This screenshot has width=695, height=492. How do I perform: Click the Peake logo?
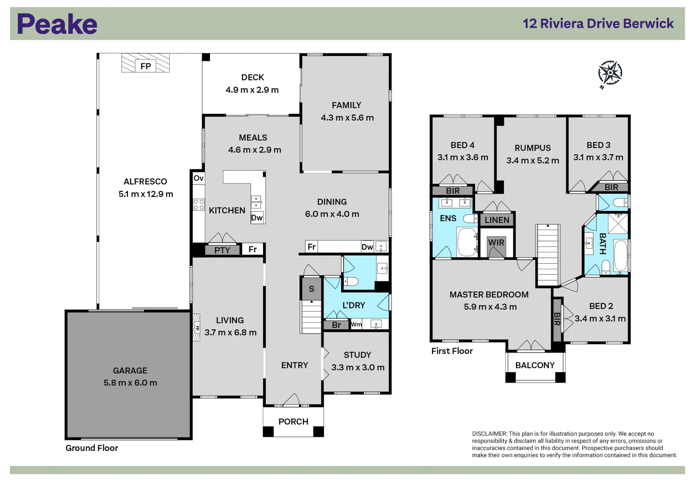(57, 24)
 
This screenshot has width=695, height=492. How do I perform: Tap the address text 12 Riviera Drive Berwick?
(598, 24)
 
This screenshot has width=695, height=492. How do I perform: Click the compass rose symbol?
(609, 73)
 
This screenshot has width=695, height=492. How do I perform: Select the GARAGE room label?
(130, 371)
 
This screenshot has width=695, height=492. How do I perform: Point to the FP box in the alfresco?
(146, 67)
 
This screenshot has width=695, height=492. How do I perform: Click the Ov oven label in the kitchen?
(198, 178)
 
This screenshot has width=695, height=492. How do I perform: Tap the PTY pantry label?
(222, 250)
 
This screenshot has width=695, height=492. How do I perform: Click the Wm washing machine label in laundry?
(356, 324)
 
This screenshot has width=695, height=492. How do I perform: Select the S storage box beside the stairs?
(311, 289)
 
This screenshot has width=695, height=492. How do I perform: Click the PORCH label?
(293, 422)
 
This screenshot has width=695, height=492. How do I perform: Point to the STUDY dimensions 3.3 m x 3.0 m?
(358, 368)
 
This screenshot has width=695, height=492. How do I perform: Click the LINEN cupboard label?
(497, 220)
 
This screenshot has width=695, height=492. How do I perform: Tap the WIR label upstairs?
(496, 242)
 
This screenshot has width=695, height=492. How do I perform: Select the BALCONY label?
(535, 365)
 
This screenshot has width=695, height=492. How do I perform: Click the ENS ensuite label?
(448, 219)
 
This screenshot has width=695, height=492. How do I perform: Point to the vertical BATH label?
(602, 244)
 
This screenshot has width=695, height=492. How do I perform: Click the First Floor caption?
(452, 351)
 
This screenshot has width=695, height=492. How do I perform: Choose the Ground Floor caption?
(91, 448)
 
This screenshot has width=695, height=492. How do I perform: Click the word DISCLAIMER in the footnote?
(489, 434)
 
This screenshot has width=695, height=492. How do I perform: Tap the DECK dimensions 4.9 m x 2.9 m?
(252, 90)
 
